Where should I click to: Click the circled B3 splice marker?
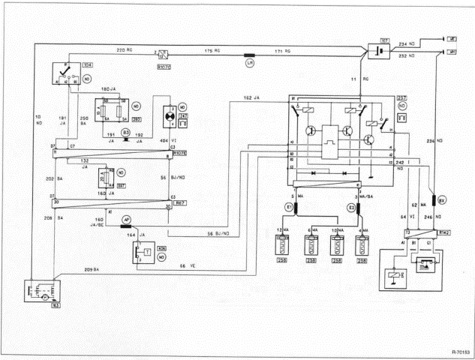tap(126, 132)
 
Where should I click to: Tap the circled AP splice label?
tap(126, 220)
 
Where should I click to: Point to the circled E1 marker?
tap(287, 206)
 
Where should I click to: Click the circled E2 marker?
tap(350, 206)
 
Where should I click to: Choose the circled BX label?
tap(442, 200)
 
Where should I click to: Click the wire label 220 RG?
tap(124, 49)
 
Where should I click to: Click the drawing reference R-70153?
tap(455, 350)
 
